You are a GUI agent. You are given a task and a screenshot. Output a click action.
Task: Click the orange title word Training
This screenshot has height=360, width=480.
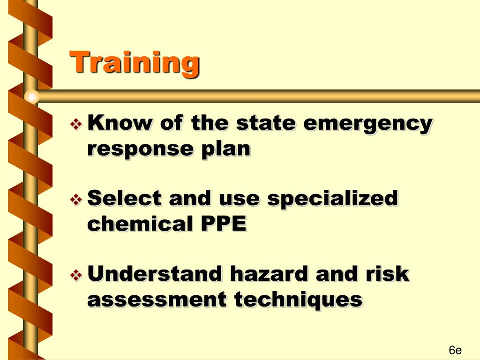coord(135,63)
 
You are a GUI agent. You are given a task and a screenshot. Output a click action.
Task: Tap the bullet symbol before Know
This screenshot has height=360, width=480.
coord(75,124)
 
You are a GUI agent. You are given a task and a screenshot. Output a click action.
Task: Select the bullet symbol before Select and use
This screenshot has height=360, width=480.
coord(75,200)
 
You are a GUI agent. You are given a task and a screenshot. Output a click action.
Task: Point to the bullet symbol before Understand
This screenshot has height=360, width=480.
coord(75,275)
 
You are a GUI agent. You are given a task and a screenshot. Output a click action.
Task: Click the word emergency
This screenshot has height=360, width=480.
coord(367,124)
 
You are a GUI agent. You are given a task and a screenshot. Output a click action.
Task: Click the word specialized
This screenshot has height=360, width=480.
coord(332,199)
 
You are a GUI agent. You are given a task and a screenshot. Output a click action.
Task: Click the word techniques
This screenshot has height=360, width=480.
coord(298,299)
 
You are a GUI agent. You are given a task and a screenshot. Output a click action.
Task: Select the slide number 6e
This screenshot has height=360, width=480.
coord(455,350)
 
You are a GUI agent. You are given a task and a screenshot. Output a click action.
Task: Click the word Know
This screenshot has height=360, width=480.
coord(120,123)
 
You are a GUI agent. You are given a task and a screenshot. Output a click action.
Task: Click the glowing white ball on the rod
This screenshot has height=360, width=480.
coord(31,97)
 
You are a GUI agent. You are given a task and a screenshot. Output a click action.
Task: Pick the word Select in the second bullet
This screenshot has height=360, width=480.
coord(125,199)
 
